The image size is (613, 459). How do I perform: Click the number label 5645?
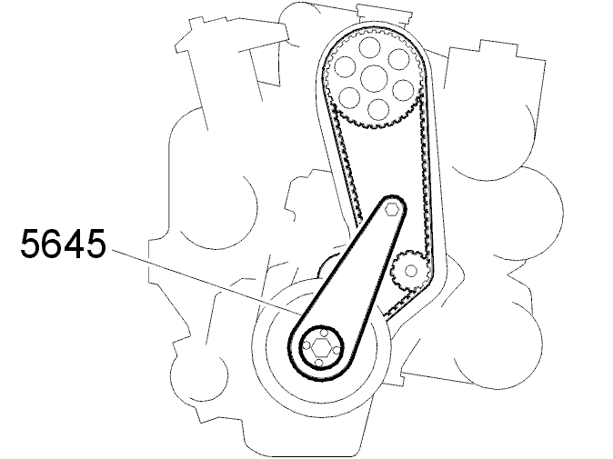point(63,244)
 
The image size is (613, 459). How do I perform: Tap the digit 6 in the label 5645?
point(53,244)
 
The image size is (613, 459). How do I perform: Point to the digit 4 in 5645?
point(74,244)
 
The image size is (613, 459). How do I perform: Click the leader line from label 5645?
point(206,282)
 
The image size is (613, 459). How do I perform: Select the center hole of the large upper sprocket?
point(374,78)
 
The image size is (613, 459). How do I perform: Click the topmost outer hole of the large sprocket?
point(370,47)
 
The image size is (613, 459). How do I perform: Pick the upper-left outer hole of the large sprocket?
point(345,66)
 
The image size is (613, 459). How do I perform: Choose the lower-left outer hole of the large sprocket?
point(349,97)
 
